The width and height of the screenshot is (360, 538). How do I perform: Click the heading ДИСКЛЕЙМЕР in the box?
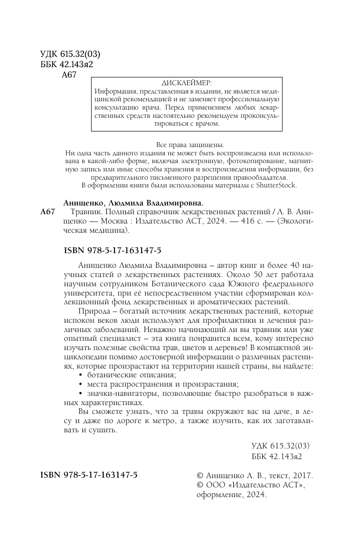pyautogui.click(x=187, y=83)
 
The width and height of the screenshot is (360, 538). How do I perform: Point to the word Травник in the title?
pyautogui.click(x=84, y=212)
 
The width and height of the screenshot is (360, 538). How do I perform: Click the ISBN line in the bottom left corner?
pyautogui.click(x=89, y=475)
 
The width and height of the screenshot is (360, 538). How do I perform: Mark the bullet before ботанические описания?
pyautogui.click(x=80, y=375)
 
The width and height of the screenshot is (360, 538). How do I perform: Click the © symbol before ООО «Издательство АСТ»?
pyautogui.click(x=199, y=485)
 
